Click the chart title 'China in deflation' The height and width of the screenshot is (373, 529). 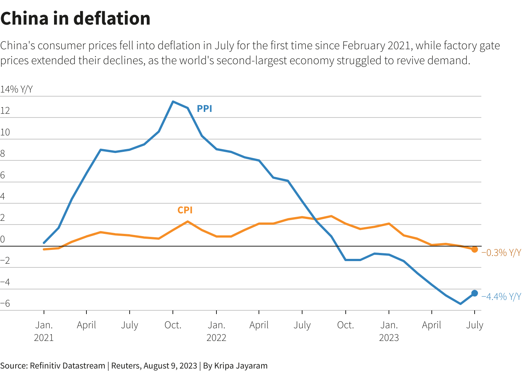(75, 18)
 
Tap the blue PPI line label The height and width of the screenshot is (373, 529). (205, 109)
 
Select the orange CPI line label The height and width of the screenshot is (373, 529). (185, 210)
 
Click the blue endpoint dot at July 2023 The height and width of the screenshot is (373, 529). (475, 293)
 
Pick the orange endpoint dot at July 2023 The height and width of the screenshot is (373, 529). (475, 249)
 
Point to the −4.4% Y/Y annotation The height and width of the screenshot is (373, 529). (501, 297)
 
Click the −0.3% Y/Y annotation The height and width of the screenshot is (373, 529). (501, 253)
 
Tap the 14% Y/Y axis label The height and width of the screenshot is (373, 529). (16, 90)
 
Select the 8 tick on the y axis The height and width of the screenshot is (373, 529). (3, 154)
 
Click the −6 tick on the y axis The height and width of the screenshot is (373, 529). (5, 304)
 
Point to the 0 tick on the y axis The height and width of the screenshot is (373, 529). (3, 239)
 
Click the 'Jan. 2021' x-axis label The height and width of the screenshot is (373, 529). (44, 331)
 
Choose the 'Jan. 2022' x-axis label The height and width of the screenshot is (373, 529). (216, 331)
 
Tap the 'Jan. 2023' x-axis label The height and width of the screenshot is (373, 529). (389, 331)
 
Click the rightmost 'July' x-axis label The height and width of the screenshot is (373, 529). (475, 325)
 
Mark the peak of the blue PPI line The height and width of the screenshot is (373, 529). (173, 101)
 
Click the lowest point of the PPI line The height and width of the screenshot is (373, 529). (460, 304)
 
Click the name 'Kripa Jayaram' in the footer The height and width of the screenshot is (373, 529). (241, 366)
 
